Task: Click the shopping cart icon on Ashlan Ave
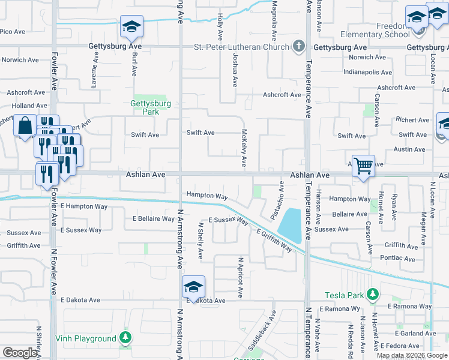(363, 165)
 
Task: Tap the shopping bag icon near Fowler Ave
(26, 126)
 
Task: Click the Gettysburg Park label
(151, 104)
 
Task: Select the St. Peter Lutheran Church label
(241, 47)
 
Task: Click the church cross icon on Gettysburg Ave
(299, 46)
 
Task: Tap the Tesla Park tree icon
(373, 294)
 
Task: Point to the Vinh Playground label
(87, 339)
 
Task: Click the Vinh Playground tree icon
(125, 338)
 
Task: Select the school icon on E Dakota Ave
(194, 286)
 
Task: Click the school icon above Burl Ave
(131, 26)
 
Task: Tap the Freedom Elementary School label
(375, 31)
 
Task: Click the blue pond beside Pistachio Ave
(290, 224)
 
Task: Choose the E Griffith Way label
(274, 240)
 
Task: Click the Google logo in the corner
(20, 353)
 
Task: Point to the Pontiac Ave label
(397, 259)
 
